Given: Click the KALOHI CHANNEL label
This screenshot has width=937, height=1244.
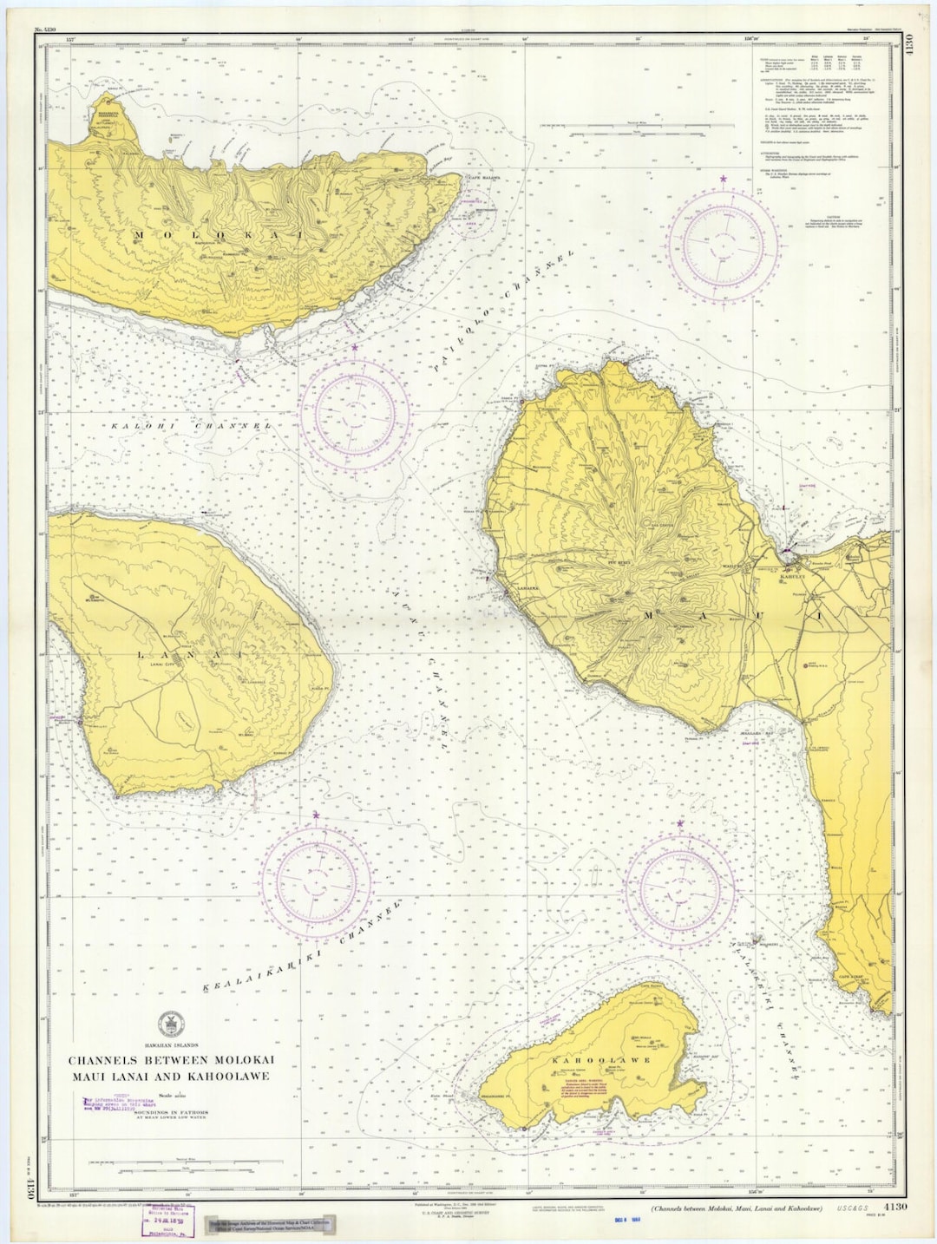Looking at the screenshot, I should (191, 426).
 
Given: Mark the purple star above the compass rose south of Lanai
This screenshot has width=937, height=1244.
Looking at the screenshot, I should (316, 816).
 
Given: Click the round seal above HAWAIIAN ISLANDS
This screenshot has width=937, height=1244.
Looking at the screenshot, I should (171, 1024).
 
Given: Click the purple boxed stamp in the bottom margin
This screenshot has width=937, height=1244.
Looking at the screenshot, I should (168, 1221).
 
